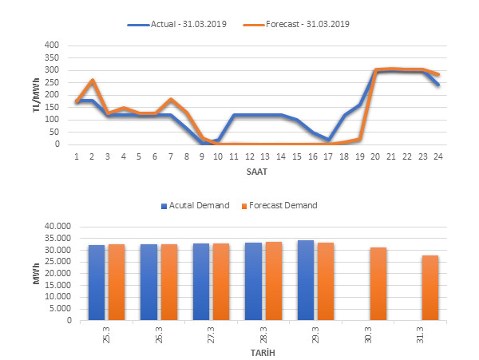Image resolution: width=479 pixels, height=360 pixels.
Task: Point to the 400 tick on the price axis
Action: point(51,45)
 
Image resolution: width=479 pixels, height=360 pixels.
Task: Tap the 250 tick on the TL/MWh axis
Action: point(51,83)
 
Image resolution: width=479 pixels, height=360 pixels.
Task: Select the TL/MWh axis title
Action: point(37,95)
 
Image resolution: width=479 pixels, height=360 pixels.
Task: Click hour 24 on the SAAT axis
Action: point(437,156)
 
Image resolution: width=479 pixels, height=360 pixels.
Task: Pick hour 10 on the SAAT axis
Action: point(218,156)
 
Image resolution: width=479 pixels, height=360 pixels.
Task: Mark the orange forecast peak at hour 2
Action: point(93,81)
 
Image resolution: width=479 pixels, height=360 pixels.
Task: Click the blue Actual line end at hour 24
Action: point(437,85)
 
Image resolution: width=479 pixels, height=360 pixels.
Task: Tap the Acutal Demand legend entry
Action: point(198,206)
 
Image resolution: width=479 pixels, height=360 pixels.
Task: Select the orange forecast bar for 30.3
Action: point(378,284)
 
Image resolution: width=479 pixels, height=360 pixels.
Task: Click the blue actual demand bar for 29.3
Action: point(305,280)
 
